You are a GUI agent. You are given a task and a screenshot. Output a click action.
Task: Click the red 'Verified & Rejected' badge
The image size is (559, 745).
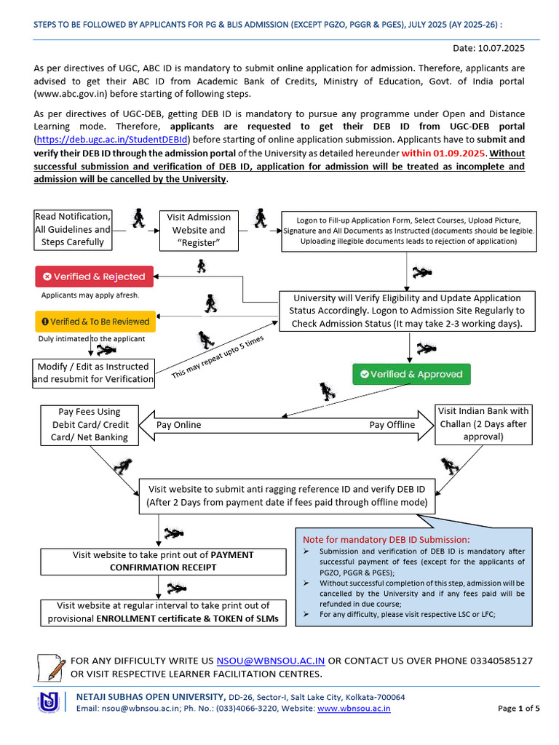click(x=95, y=276)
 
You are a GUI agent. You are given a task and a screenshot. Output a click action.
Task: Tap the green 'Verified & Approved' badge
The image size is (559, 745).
click(x=411, y=374)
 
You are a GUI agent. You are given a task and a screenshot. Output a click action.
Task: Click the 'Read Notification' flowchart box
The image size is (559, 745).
click(x=73, y=229)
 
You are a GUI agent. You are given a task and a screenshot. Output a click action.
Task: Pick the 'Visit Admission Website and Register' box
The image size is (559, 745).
click(x=199, y=229)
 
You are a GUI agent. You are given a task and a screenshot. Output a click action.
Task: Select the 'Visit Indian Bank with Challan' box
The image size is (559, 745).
click(x=483, y=424)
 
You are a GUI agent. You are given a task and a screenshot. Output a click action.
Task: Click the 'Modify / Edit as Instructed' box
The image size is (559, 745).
click(x=93, y=372)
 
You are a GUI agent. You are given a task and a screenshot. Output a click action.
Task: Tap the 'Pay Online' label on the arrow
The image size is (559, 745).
click(x=179, y=425)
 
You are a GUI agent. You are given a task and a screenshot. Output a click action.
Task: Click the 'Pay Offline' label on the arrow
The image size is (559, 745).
click(x=392, y=425)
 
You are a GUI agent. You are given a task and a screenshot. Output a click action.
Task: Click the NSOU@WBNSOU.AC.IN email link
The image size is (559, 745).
click(x=271, y=661)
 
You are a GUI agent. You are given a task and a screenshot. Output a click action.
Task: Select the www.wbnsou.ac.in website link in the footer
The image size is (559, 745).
click(x=354, y=708)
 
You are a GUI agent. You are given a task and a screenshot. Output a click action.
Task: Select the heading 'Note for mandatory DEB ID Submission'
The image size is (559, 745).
click(x=386, y=539)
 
